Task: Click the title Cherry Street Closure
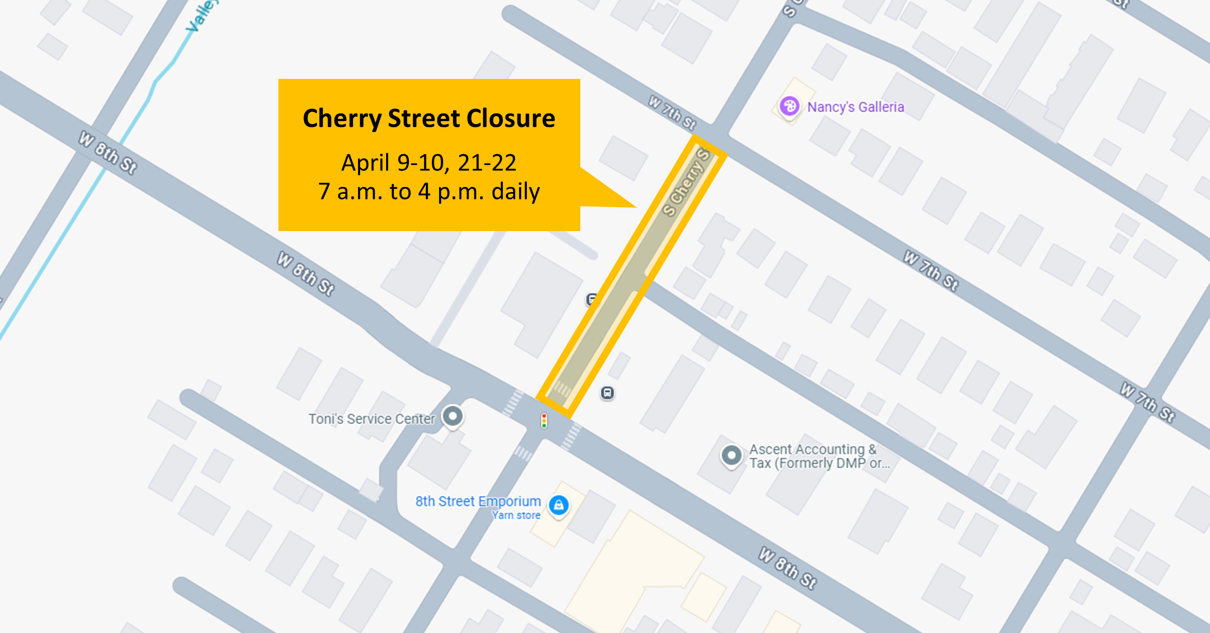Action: click(x=429, y=118)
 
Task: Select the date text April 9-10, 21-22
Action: click(x=429, y=163)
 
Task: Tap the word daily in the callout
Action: click(x=515, y=192)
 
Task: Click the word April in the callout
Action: click(x=365, y=163)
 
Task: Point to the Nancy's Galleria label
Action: click(x=855, y=107)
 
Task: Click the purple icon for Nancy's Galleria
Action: click(x=789, y=106)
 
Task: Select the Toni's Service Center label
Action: click(x=371, y=419)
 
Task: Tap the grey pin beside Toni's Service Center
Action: click(x=453, y=416)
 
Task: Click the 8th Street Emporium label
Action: click(x=478, y=501)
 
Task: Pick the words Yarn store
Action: click(x=516, y=515)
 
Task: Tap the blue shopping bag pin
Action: click(x=559, y=505)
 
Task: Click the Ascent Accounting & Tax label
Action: click(x=819, y=456)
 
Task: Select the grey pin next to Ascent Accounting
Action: click(x=732, y=455)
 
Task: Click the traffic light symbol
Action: click(x=544, y=421)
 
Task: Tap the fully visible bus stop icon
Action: click(x=607, y=393)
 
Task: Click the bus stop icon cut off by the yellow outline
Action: click(x=591, y=300)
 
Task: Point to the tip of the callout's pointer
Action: click(x=635, y=207)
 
